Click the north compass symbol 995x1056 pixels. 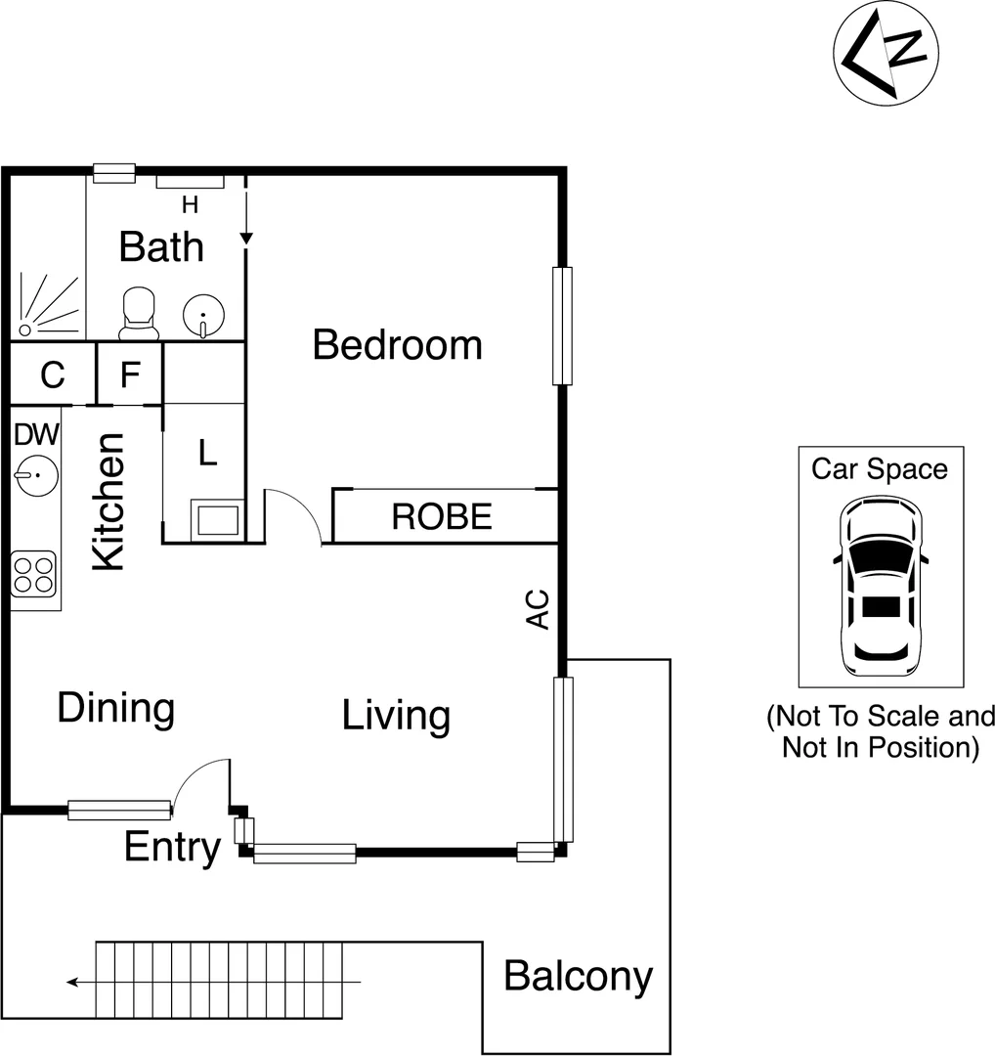(886, 58)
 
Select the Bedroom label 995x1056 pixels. (397, 345)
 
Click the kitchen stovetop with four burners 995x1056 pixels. (33, 574)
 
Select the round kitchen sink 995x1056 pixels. (36, 476)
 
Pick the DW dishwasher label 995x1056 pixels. (36, 433)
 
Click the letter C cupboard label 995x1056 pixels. (52, 374)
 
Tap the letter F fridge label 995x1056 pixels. (130, 374)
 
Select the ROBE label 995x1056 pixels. (442, 516)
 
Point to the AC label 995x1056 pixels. (538, 609)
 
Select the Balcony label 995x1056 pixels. (578, 976)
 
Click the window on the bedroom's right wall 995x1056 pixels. (561, 326)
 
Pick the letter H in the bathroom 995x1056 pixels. (190, 204)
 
